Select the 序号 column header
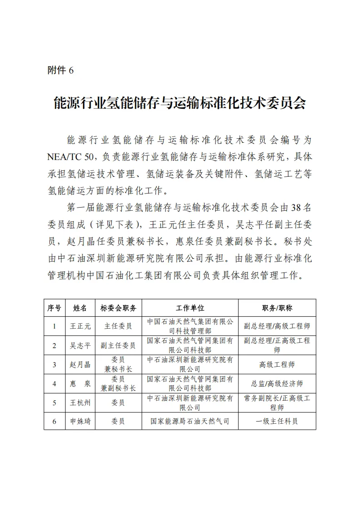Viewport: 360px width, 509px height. pos(54,308)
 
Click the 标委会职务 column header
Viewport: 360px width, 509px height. pos(118,308)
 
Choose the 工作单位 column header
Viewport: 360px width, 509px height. pos(190,308)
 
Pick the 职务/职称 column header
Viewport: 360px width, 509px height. pos(277,308)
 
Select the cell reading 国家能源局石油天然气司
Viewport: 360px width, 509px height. pos(190,421)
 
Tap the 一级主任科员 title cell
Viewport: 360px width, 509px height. pos(277,421)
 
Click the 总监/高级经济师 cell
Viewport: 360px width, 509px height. pos(277,383)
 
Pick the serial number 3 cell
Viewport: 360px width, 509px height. pos(54,364)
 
